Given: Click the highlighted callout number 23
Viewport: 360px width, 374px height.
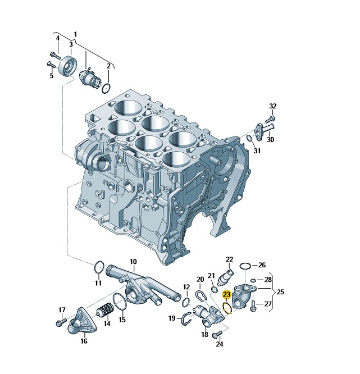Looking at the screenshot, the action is click(226, 295).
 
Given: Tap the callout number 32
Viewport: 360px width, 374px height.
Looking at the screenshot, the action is click(273, 106).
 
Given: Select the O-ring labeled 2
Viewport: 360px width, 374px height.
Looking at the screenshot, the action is click(106, 88).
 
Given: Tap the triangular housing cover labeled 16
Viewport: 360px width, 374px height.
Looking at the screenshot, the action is click(83, 321).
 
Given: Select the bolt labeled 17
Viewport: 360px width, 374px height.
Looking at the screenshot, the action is click(62, 322).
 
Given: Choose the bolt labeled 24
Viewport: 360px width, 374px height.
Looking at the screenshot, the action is click(217, 334).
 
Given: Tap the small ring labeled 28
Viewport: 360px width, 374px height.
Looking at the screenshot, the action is click(253, 280).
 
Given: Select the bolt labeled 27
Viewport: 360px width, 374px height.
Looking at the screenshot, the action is click(253, 306).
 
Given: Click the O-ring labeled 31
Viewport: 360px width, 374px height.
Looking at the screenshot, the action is click(249, 138).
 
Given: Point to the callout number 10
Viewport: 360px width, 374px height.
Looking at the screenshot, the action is click(133, 262).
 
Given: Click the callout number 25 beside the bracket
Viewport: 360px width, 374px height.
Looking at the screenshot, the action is click(280, 291).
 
